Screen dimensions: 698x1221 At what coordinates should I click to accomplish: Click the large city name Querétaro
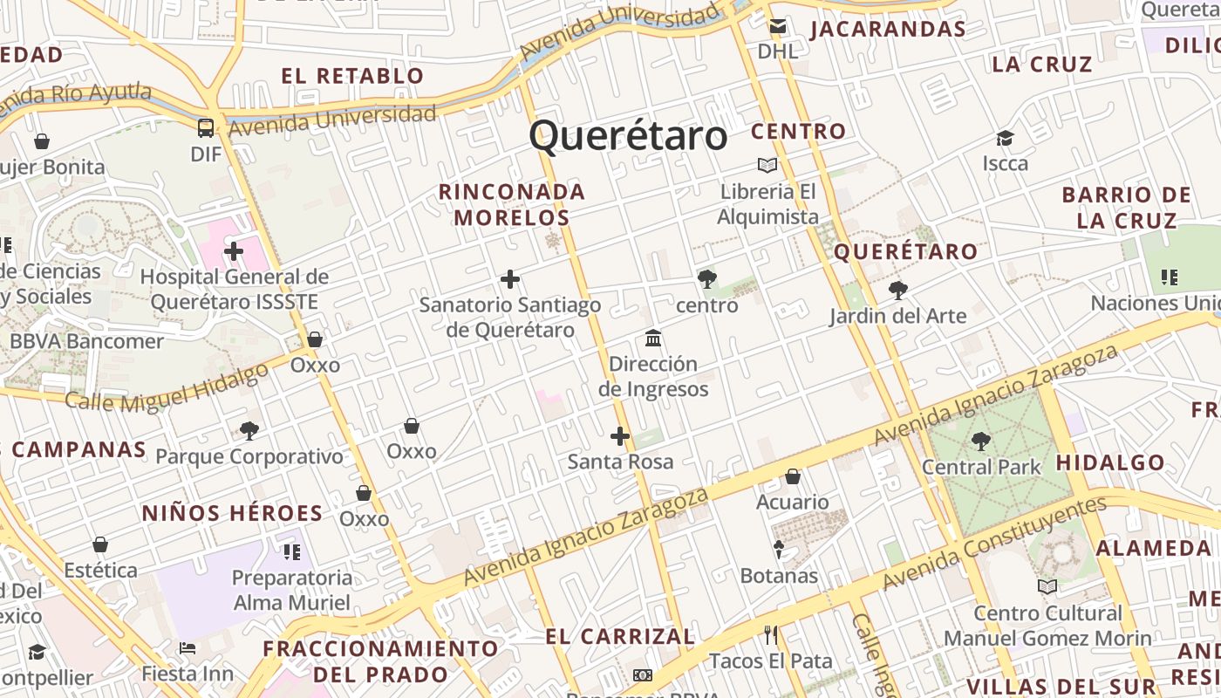628,136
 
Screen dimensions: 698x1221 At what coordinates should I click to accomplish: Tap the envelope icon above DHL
776,27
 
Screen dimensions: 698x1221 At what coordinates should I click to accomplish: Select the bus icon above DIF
206,128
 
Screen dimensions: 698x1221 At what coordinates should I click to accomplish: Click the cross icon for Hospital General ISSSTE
233,252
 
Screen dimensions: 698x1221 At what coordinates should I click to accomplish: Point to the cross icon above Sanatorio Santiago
510,279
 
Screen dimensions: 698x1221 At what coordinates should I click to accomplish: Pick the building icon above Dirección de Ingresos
653,338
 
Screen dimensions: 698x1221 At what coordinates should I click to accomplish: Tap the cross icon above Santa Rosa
620,436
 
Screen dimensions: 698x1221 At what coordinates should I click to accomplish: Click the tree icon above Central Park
981,441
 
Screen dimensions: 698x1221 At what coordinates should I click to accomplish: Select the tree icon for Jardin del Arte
897,291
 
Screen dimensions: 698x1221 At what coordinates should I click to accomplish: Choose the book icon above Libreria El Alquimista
767,165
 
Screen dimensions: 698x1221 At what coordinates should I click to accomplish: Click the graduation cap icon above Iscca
1006,138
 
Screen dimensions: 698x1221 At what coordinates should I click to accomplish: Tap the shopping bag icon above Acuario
793,476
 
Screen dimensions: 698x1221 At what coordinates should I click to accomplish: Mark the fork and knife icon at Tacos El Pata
770,634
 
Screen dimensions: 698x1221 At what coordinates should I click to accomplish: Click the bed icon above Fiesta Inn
188,648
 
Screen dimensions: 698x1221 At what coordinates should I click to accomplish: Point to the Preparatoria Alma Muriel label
292,590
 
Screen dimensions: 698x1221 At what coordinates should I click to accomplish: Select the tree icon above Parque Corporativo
249,430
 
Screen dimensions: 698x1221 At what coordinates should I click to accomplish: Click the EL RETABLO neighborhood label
352,76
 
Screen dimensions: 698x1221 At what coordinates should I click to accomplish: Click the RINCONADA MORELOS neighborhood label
511,204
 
